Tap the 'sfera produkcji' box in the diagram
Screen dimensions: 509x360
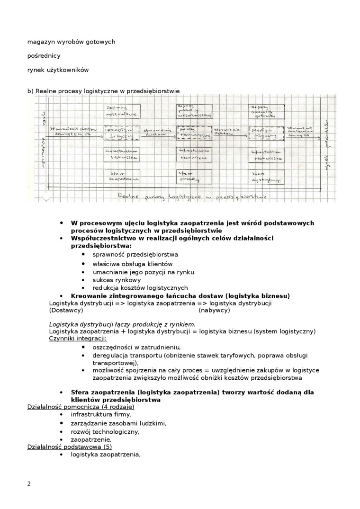(193, 177)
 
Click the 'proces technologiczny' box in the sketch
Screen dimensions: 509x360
(193, 133)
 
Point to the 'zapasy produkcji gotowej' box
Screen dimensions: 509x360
(265, 110)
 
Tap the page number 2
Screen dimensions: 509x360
(29, 483)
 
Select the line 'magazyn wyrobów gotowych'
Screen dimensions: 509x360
(71, 42)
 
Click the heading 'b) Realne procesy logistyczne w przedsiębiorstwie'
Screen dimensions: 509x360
(103, 90)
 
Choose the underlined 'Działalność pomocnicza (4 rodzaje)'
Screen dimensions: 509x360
(81, 407)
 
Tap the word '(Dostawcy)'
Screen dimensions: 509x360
(66, 310)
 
